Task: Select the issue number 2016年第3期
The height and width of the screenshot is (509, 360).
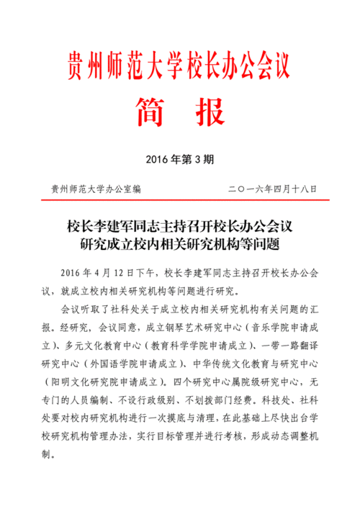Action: [179, 158]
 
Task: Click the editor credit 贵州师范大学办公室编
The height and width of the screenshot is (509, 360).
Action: [96, 189]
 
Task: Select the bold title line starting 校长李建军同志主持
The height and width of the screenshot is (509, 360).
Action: [179, 226]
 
